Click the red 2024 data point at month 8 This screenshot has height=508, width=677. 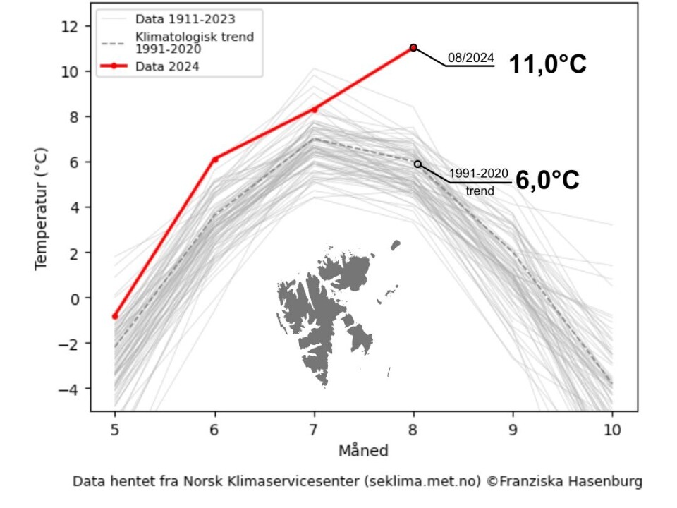[x=413, y=47]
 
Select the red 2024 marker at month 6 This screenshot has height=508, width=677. [x=214, y=159]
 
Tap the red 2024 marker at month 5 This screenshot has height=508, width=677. [x=115, y=316]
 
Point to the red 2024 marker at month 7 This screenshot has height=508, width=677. [x=315, y=109]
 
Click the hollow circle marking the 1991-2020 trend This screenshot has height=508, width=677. [x=417, y=164]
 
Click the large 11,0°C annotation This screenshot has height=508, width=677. [x=548, y=65]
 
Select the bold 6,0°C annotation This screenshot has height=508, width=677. [x=547, y=181]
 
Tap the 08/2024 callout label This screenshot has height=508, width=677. [x=471, y=58]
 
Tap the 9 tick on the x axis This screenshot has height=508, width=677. [x=513, y=429]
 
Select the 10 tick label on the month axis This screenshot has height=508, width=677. [x=611, y=429]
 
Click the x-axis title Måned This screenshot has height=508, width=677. [x=363, y=450]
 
